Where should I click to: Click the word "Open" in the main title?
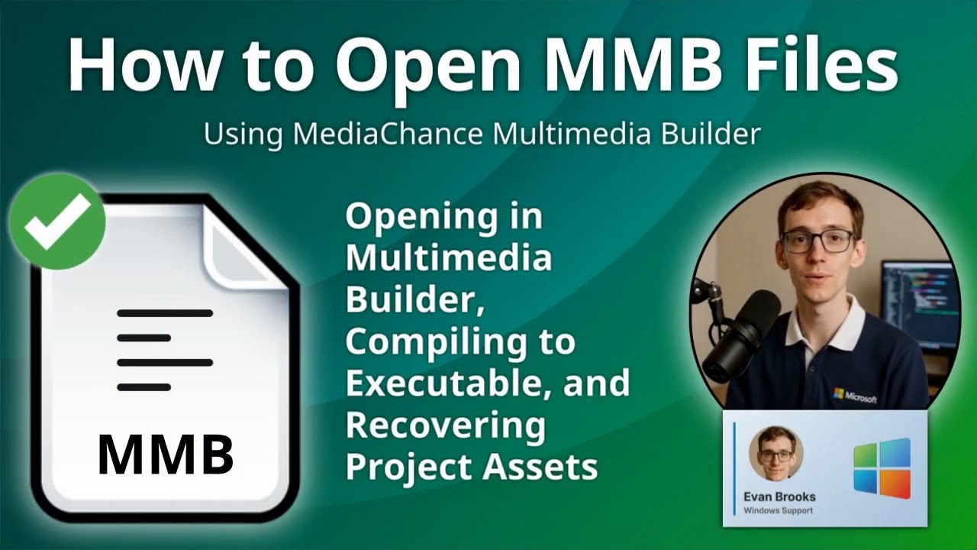pyautogui.click(x=427, y=66)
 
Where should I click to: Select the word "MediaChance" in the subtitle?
pyautogui.click(x=388, y=133)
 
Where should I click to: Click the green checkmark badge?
pyautogui.click(x=57, y=221)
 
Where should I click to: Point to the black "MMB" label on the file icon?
pyautogui.click(x=166, y=455)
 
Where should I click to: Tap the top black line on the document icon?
pyautogui.click(x=165, y=313)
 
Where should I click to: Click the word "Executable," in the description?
pyautogui.click(x=444, y=383)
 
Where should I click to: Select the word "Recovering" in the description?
pyautogui.click(x=445, y=426)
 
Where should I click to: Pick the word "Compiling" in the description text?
pyautogui.click(x=437, y=344)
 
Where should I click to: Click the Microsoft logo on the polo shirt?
pyautogui.click(x=855, y=396)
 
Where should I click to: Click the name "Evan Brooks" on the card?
pyautogui.click(x=779, y=497)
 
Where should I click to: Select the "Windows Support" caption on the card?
pyautogui.click(x=778, y=511)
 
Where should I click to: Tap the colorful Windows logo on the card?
pyautogui.click(x=882, y=469)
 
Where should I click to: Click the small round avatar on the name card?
pyautogui.click(x=776, y=454)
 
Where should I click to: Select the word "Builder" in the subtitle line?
pyautogui.click(x=711, y=133)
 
